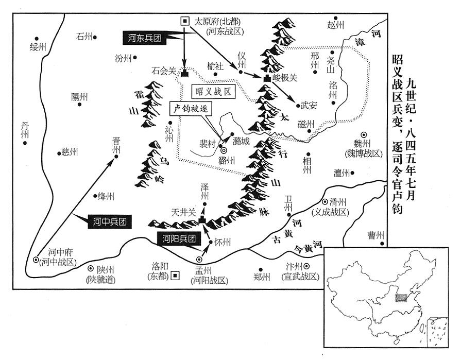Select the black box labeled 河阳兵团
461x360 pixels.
[x=177, y=238]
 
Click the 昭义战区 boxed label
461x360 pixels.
[x=212, y=91]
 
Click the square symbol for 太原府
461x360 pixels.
[x=184, y=21]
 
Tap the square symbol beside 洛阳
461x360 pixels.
[x=175, y=275]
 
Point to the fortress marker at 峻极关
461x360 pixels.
[x=267, y=79]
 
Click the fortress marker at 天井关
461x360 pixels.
[x=202, y=220]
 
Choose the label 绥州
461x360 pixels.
[x=38, y=47]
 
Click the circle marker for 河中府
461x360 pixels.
[x=36, y=259]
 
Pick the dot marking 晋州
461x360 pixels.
[x=116, y=156]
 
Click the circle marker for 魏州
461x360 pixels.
[x=364, y=134]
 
